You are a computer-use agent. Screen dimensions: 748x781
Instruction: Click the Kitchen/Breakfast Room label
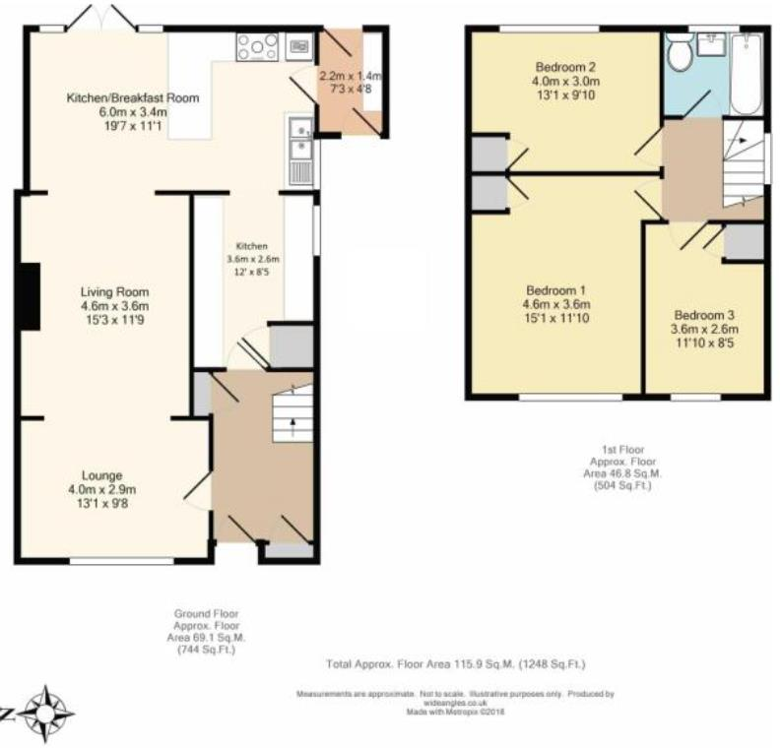(132, 97)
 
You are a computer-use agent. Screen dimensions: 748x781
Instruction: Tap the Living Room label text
(114, 291)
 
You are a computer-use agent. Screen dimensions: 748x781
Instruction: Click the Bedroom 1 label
(555, 290)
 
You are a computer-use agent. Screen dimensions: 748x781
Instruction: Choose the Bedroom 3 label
(703, 315)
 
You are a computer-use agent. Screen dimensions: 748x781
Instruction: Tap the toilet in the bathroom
(679, 53)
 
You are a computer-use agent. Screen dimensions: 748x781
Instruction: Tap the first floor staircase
(744, 162)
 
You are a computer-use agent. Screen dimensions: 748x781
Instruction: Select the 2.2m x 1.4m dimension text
(350, 76)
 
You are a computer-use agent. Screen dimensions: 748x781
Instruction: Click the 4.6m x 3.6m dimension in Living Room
(114, 305)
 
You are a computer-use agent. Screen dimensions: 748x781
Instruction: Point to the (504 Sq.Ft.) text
(619, 484)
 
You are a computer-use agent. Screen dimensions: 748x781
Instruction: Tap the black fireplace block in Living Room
(32, 296)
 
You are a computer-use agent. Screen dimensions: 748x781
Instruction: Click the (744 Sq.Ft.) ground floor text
(206, 650)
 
